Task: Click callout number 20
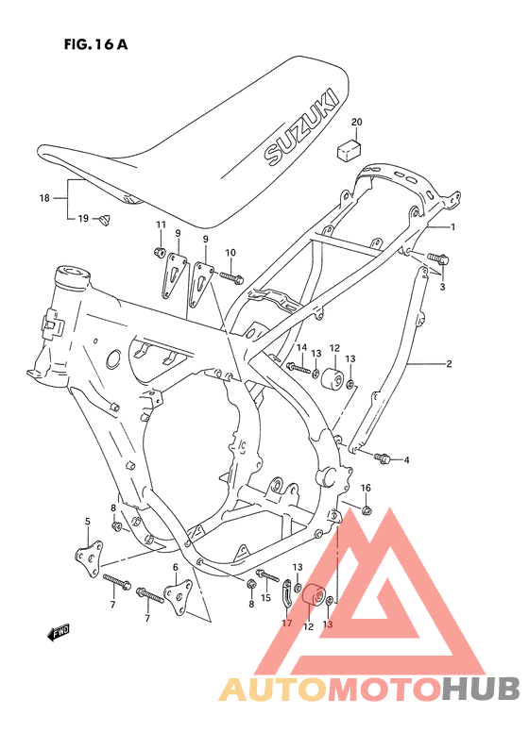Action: coord(356,123)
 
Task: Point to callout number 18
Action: coord(44,198)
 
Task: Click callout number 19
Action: coord(83,219)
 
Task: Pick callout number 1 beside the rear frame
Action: coord(452,227)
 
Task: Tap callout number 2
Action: coord(449,363)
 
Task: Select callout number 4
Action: coord(406,460)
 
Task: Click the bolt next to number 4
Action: coord(384,458)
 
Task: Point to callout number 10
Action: coord(230,252)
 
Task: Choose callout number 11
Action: coord(161,224)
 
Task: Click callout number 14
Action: coord(301,348)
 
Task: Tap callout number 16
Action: coord(366,488)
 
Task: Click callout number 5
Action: coord(87,522)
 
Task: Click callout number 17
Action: coord(285,622)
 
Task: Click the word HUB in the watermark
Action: coord(482,690)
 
